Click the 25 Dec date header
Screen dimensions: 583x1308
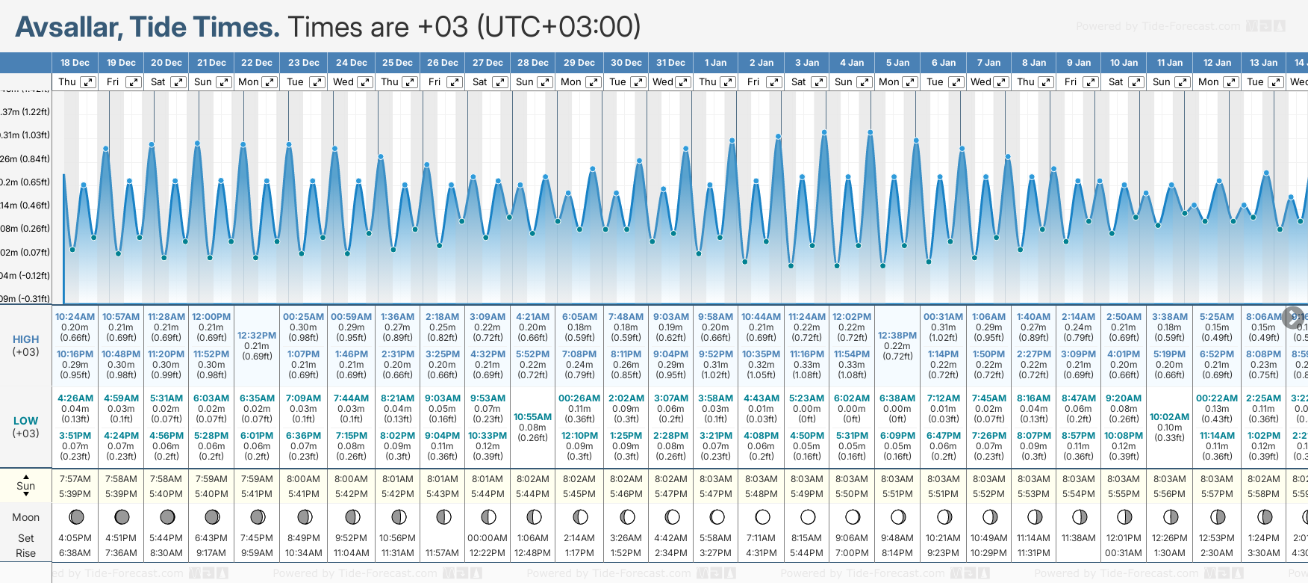(397, 63)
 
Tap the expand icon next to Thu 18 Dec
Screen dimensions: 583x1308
(88, 82)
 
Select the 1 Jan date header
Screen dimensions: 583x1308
(715, 63)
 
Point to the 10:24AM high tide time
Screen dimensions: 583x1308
(75, 317)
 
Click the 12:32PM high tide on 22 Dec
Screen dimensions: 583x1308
(257, 336)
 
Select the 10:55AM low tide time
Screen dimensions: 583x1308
(533, 417)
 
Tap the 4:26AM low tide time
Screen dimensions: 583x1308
(75, 398)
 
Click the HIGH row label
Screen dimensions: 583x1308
(25, 339)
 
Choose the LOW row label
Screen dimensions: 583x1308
(25, 421)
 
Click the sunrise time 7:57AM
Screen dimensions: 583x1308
(75, 479)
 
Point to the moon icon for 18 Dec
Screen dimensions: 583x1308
(75, 516)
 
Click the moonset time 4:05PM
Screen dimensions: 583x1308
(75, 538)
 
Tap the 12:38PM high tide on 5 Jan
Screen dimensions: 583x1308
(897, 336)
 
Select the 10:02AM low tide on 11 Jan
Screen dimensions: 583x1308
(1169, 417)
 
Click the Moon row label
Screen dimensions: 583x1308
(25, 517)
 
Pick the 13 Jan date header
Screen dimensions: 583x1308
(1263, 63)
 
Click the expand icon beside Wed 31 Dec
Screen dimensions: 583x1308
(682, 82)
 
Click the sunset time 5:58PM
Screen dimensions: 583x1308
(1263, 494)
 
